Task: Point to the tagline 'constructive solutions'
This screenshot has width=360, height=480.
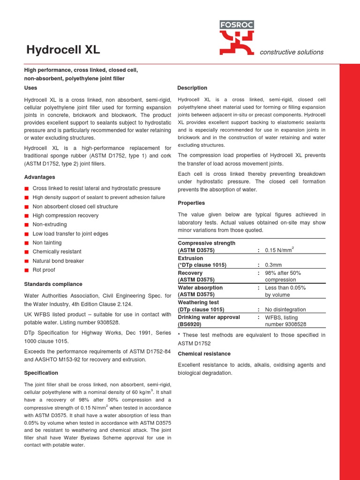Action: pos(292,52)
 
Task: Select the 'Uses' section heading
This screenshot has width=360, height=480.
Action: pos(30,88)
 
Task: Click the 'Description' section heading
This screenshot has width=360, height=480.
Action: pos(192,88)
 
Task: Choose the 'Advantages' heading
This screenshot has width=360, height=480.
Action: pos(39,177)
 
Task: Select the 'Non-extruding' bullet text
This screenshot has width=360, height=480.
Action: pos(50,225)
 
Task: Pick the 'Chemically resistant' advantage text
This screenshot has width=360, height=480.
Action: pos(57,252)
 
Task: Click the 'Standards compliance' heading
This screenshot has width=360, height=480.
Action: pos(53,284)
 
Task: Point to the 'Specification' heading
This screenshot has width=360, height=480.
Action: pos(41,373)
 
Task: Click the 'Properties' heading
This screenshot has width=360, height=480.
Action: pos(191,203)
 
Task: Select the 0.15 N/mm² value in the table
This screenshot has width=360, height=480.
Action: pos(280,250)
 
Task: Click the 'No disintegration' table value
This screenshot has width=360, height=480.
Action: pos(285,309)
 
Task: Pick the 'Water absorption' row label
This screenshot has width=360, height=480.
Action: pos(200,287)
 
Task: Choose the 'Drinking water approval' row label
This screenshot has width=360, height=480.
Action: pos(209,317)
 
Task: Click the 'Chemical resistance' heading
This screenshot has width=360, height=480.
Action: pos(204,353)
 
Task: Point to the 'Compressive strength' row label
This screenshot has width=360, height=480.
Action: pos(206,243)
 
